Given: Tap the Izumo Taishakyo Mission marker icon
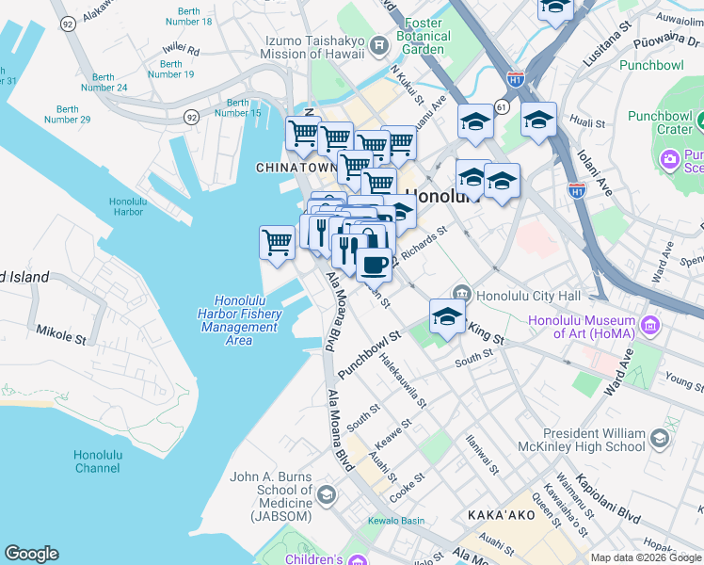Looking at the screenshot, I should coord(378,44).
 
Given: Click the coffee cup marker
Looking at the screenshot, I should coord(374,265).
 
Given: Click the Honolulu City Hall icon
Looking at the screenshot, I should coord(462,296).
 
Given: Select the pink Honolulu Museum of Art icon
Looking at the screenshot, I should coord(648,327).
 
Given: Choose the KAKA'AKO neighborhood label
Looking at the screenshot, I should coord(502,516).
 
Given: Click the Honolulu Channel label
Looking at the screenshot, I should coord(98,461).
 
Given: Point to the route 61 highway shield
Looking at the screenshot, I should coord(504,108).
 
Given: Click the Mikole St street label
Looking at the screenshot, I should coord(59,331).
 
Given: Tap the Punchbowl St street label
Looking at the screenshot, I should coord(369,354).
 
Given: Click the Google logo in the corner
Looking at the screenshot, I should coord(31,554).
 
